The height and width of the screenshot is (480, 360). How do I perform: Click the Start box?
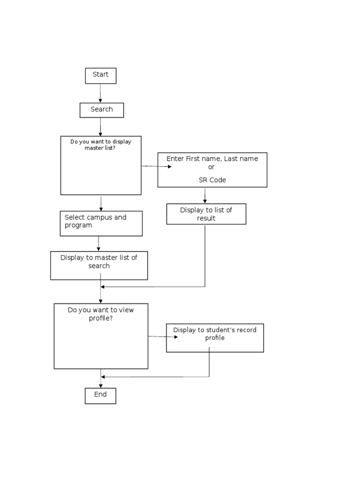100,75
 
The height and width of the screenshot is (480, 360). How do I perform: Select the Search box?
102,110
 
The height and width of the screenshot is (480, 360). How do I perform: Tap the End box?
100,395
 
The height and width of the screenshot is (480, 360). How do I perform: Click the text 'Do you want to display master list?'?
101,145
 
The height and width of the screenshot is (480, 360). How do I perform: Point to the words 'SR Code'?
212,180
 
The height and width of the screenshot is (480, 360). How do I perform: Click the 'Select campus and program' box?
101,223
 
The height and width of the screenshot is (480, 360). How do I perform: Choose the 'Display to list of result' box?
206,214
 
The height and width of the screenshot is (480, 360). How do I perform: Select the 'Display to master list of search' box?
99,265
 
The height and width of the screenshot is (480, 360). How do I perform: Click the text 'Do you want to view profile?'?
101,314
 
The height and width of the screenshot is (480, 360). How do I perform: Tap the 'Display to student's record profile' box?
215,337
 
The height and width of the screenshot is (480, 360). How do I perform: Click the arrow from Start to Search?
100,94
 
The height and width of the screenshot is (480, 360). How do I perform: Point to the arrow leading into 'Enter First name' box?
157,166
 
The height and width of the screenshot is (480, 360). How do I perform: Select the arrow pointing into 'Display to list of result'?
205,196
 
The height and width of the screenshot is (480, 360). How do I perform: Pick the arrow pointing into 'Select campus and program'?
101,204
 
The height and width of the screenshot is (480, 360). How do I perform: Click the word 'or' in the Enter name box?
211,167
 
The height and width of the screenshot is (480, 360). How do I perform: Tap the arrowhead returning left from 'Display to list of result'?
103,287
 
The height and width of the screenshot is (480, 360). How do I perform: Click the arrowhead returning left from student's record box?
103,377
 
